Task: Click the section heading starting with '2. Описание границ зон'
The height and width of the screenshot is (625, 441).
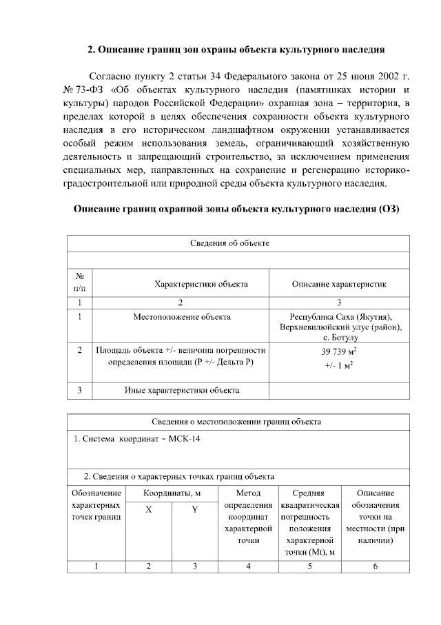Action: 236,50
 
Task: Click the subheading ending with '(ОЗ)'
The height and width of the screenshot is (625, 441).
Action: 237,208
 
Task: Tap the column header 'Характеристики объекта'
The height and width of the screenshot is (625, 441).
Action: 201,283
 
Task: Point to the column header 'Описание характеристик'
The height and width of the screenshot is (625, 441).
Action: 339,283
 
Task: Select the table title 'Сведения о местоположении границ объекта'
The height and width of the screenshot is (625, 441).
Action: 236,422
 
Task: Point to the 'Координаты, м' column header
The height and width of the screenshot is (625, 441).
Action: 172,493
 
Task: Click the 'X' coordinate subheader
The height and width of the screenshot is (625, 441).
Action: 148,510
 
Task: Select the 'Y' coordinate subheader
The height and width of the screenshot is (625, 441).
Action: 194,510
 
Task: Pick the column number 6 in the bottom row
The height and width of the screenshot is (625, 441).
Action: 376,566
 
